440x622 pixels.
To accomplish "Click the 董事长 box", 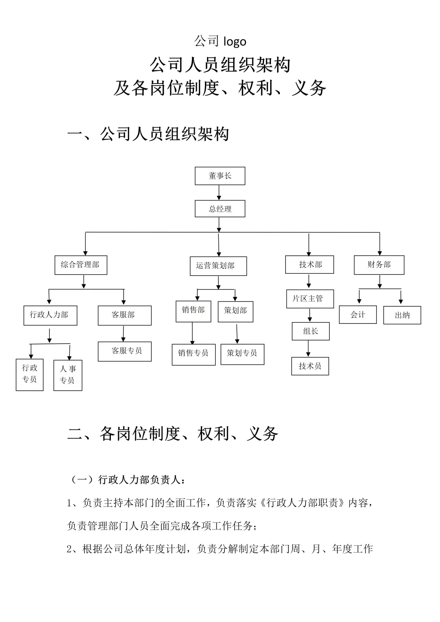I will (x=220, y=176).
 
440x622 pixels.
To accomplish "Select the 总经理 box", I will (x=220, y=209).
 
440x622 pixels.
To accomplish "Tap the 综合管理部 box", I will (x=81, y=265).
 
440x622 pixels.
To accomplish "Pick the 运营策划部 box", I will (x=218, y=266).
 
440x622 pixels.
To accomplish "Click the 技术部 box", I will (x=310, y=265).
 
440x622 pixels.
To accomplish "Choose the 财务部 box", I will (x=379, y=265).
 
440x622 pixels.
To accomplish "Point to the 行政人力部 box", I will (x=50, y=315).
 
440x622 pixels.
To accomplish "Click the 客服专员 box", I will (x=125, y=351).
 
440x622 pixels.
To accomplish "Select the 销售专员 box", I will (x=194, y=354).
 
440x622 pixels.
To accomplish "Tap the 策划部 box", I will (x=235, y=311).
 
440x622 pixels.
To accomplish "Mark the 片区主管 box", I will (x=310, y=299).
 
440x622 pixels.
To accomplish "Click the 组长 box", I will (x=310, y=332).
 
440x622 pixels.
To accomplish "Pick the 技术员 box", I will (x=310, y=366).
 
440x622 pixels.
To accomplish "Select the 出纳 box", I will (x=402, y=315).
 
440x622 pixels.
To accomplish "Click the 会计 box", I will (x=358, y=315).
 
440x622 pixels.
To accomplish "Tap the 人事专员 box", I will (x=68, y=375).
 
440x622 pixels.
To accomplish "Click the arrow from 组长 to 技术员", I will (x=308, y=349).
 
